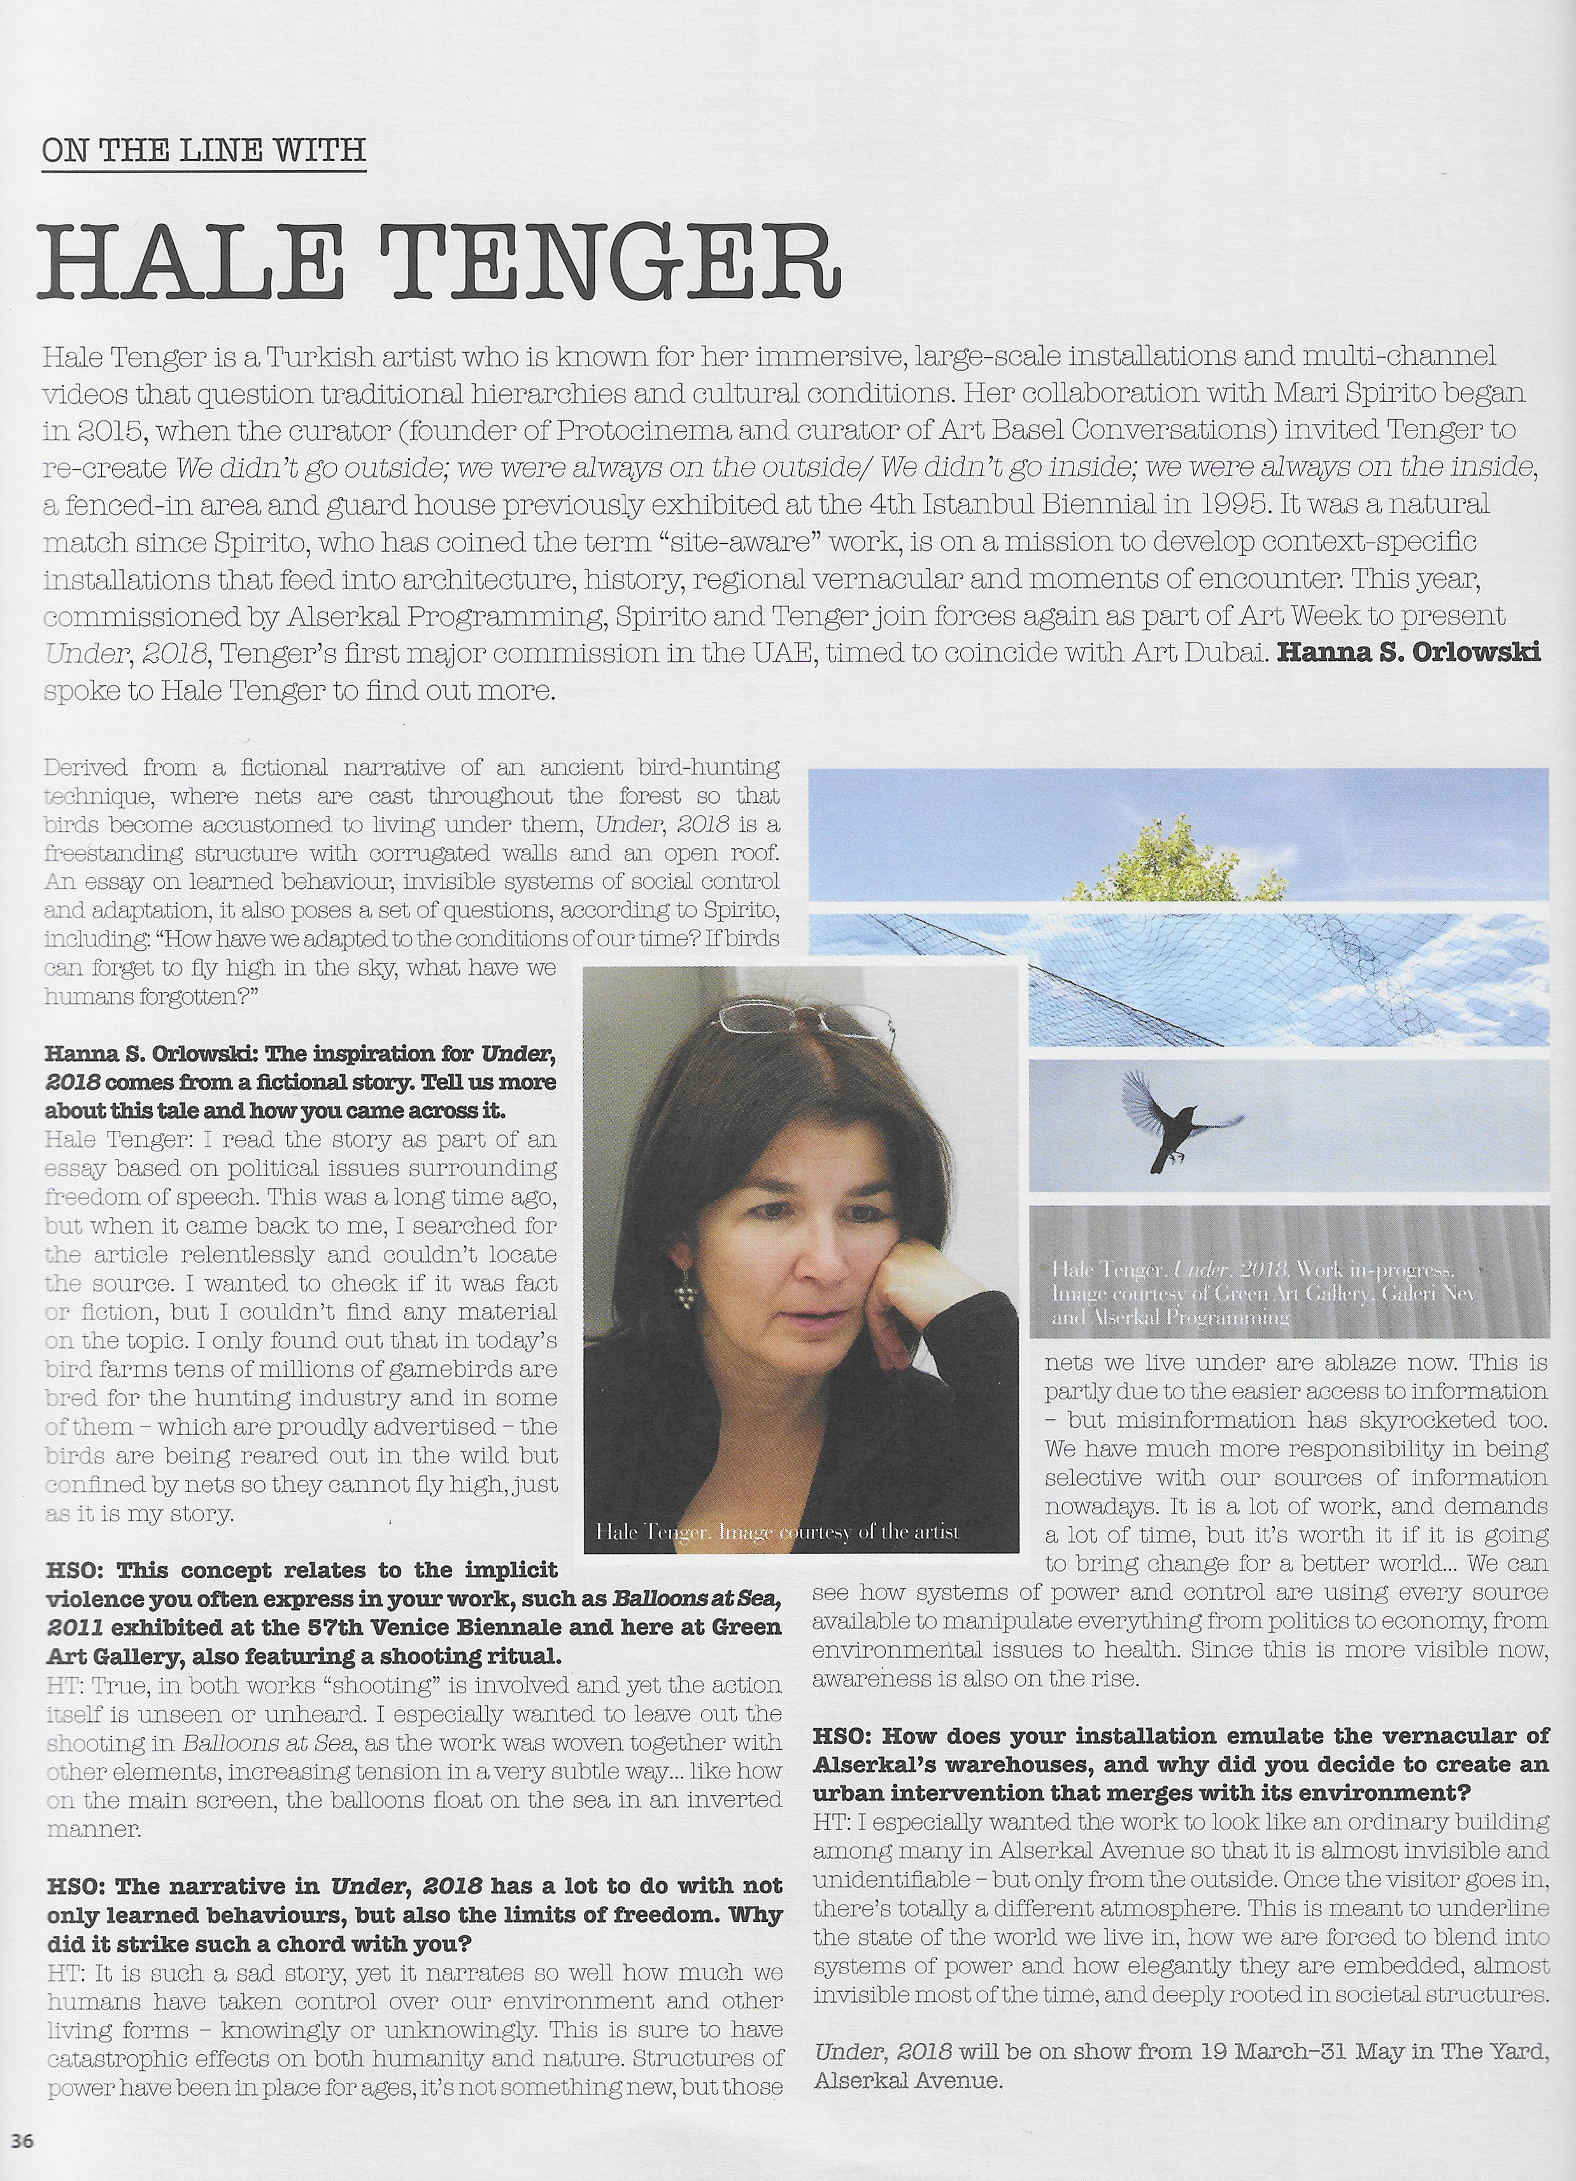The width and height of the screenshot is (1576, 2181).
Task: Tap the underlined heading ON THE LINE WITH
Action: pos(204,150)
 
